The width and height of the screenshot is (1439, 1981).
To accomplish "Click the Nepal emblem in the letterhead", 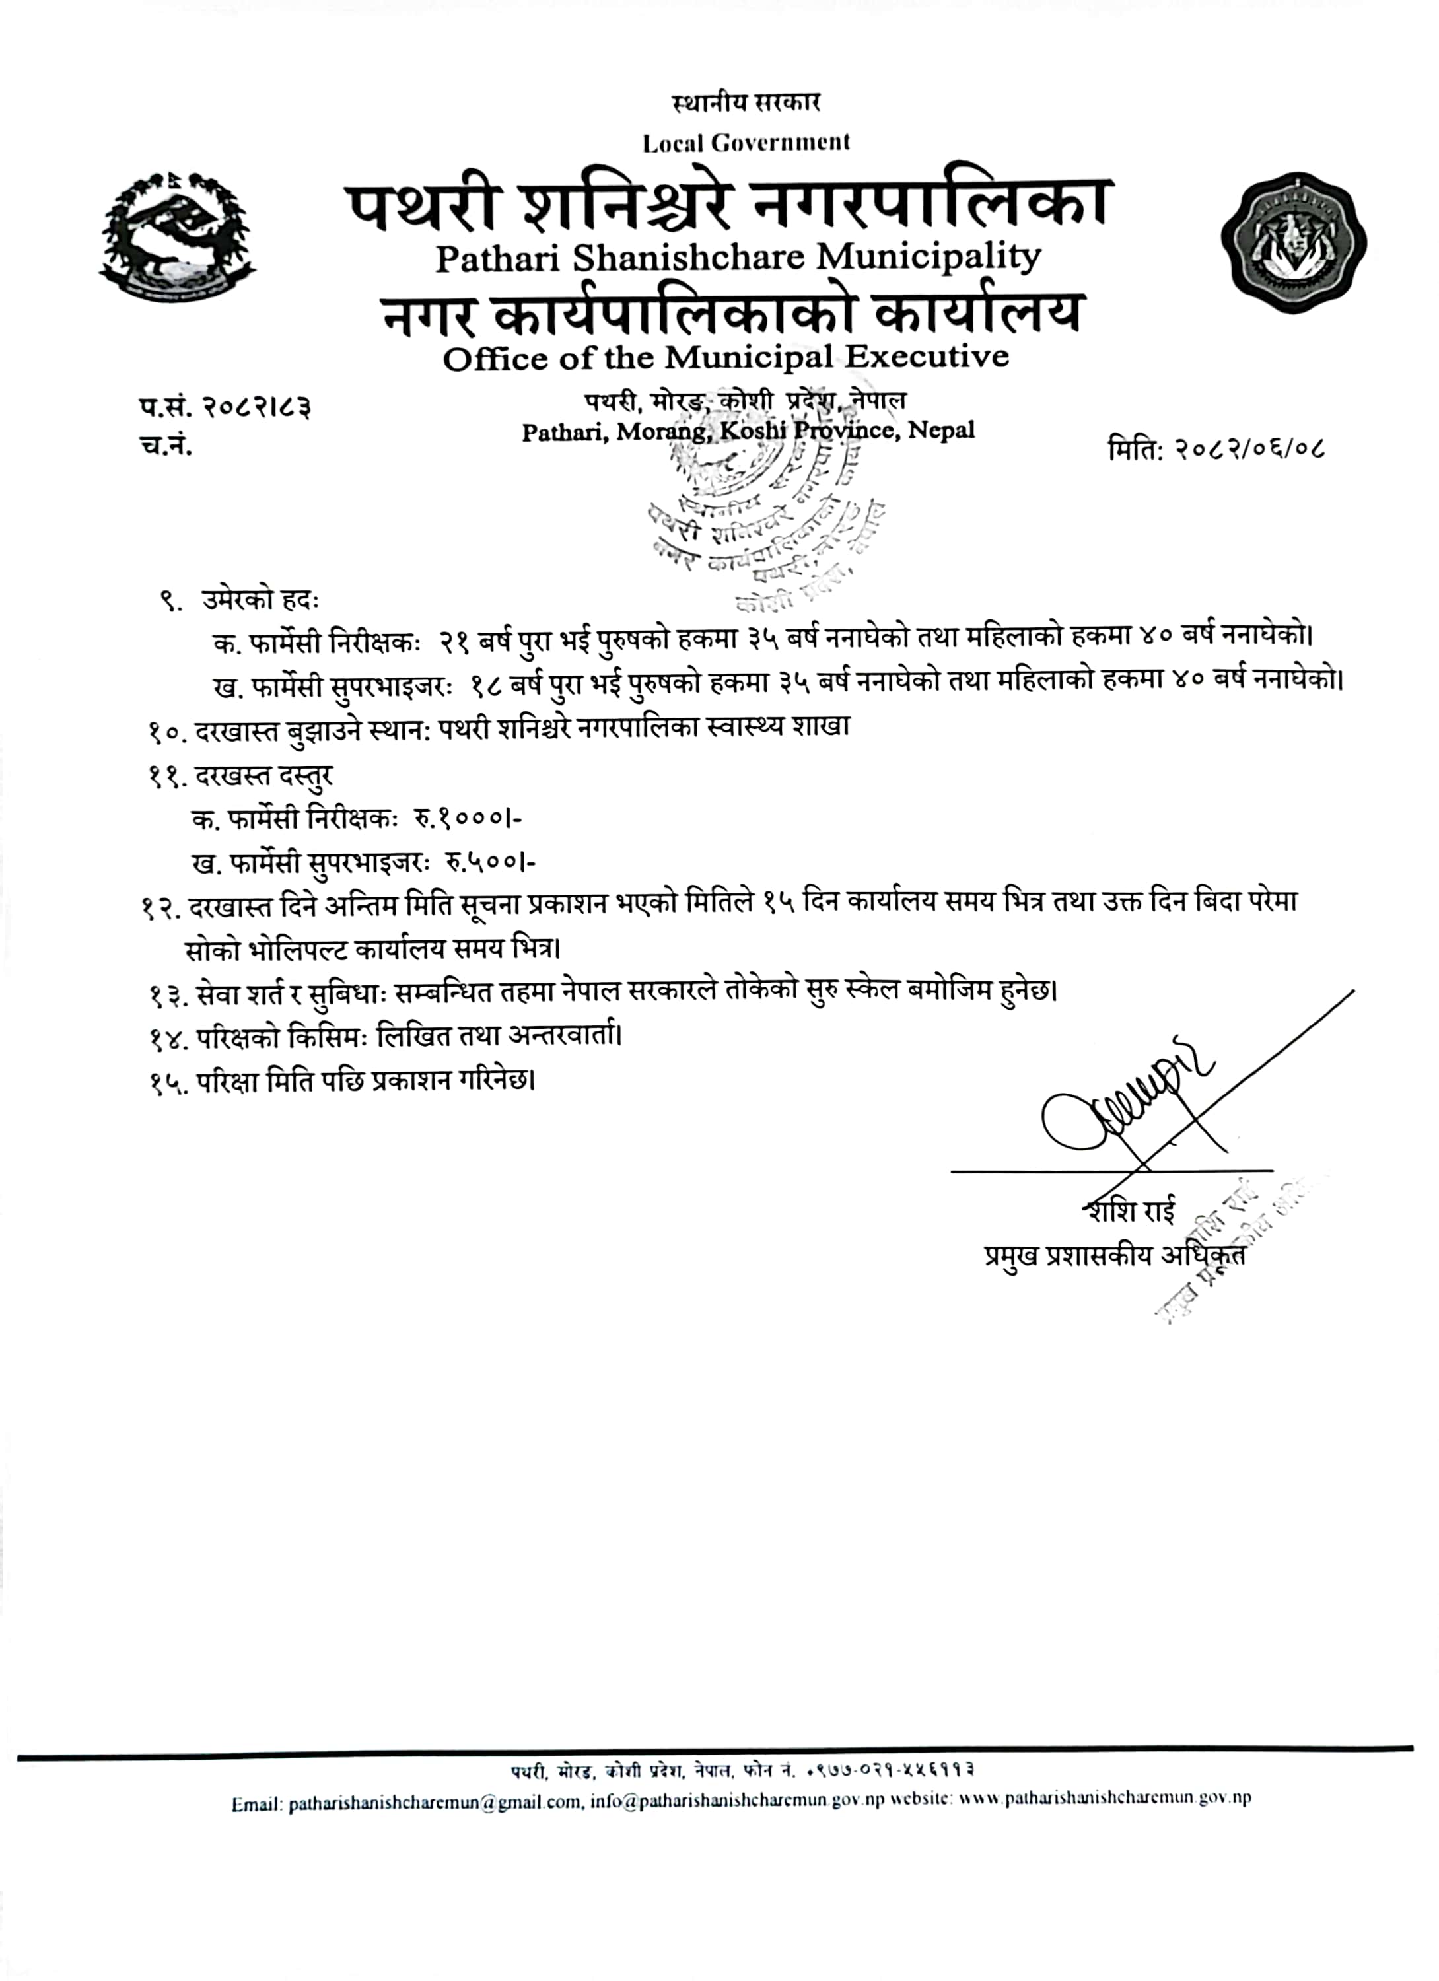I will coord(176,238).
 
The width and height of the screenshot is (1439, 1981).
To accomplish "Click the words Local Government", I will coord(746,143).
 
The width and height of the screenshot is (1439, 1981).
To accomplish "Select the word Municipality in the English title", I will coord(928,257).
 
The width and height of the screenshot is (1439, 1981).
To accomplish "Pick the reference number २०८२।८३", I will coord(257,407).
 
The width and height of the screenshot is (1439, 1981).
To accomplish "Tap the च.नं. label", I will coord(166,446).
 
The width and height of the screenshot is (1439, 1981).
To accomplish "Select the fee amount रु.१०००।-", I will coord(468,818).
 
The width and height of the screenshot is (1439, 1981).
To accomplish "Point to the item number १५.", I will coord(168,1082).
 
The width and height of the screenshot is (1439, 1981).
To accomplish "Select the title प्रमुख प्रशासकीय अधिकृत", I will coord(1114,1255).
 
